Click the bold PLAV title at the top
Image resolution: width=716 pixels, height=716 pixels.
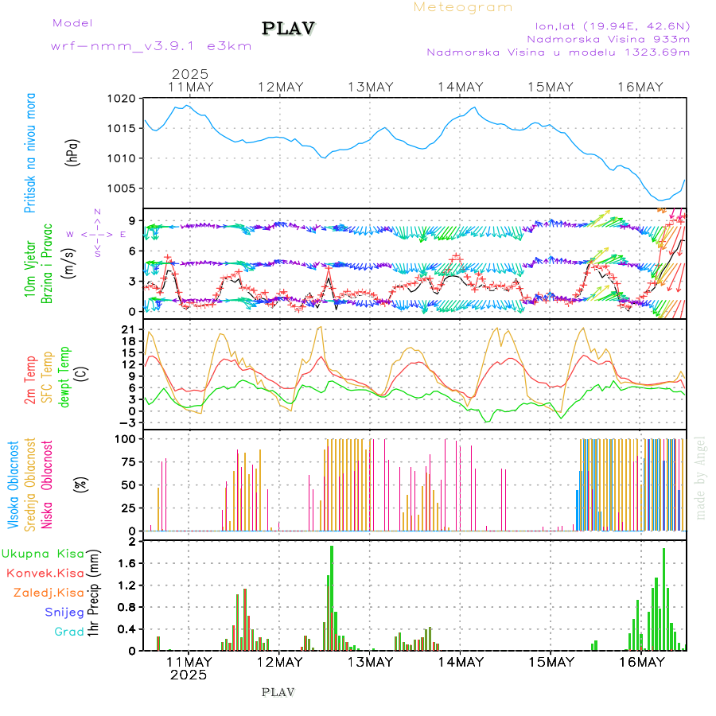point(289,29)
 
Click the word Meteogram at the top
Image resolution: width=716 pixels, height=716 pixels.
point(463,7)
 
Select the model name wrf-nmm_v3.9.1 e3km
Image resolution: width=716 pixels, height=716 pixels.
point(151,45)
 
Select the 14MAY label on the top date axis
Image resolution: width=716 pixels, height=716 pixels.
point(460,87)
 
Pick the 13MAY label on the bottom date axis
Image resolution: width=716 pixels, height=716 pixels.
point(370,662)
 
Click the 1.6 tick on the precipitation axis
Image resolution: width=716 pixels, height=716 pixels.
point(126,563)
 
